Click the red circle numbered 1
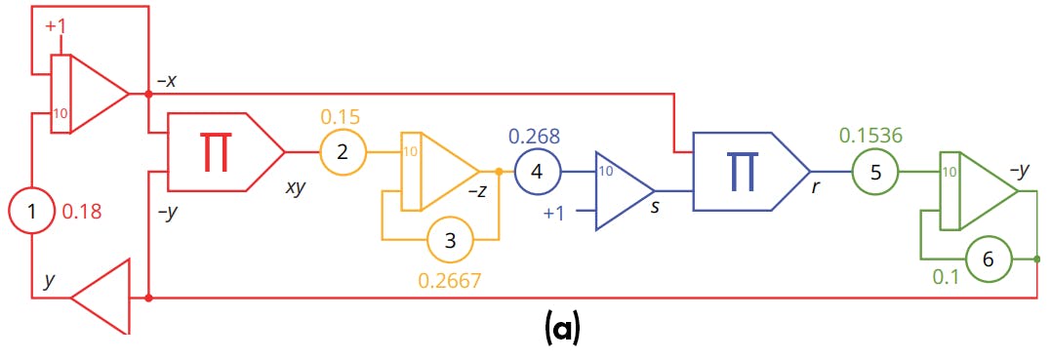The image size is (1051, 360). click(31, 210)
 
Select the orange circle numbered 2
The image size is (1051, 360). click(343, 152)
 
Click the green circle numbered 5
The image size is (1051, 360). click(875, 173)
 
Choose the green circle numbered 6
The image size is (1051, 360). click(989, 260)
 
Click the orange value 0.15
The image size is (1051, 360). click(341, 117)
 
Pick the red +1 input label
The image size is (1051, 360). click(56, 26)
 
